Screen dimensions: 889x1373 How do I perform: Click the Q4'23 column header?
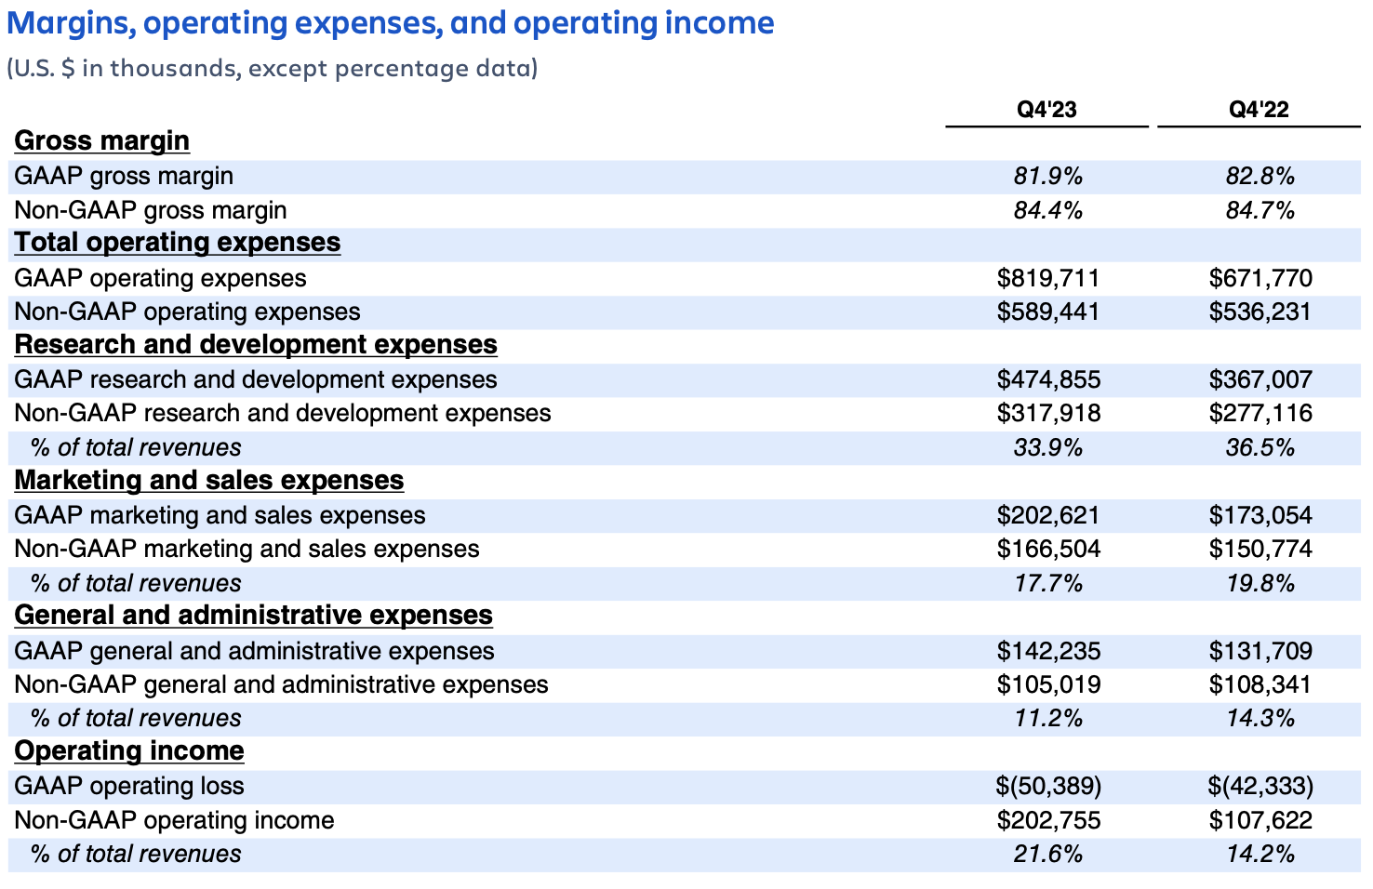point(1046,110)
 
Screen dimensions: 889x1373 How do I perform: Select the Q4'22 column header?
point(1259,110)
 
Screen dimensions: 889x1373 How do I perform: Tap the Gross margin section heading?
point(102,140)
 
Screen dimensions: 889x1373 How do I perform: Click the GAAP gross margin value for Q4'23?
point(1048,177)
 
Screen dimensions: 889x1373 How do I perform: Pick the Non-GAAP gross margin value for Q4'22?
point(1260,211)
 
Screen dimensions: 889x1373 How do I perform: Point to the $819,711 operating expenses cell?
point(1048,278)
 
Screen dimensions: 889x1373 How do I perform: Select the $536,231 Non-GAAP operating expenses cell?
point(1260,312)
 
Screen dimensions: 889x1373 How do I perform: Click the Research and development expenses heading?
point(256,344)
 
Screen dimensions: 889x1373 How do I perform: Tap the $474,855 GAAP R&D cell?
point(1048,379)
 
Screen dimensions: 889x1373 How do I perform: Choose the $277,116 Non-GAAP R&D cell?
point(1260,413)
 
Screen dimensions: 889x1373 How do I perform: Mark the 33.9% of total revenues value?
point(1048,448)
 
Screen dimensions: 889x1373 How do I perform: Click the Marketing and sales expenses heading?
point(209,480)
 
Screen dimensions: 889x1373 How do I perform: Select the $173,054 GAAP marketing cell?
point(1260,515)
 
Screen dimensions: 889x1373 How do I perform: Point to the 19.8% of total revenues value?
point(1260,584)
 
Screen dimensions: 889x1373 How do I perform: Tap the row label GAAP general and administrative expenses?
point(254,651)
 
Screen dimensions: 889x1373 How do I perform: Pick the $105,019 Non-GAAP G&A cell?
point(1048,685)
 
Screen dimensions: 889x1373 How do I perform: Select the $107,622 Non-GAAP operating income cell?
point(1260,820)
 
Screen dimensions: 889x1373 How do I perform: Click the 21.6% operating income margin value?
point(1048,855)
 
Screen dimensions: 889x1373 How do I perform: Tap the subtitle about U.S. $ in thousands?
point(273,69)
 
